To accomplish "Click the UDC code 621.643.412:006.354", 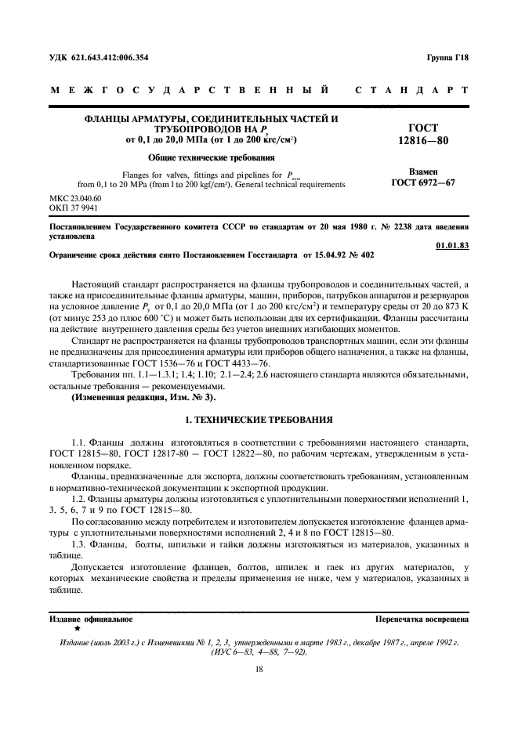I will click(110, 58).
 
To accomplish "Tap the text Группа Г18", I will click(447, 58).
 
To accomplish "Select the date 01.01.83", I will click(451, 246).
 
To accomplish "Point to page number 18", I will click(259, 669).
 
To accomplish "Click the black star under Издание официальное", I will click(77, 628).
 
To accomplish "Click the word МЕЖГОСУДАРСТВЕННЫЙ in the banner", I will click(188, 90).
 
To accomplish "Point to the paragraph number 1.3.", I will click(80, 543).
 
